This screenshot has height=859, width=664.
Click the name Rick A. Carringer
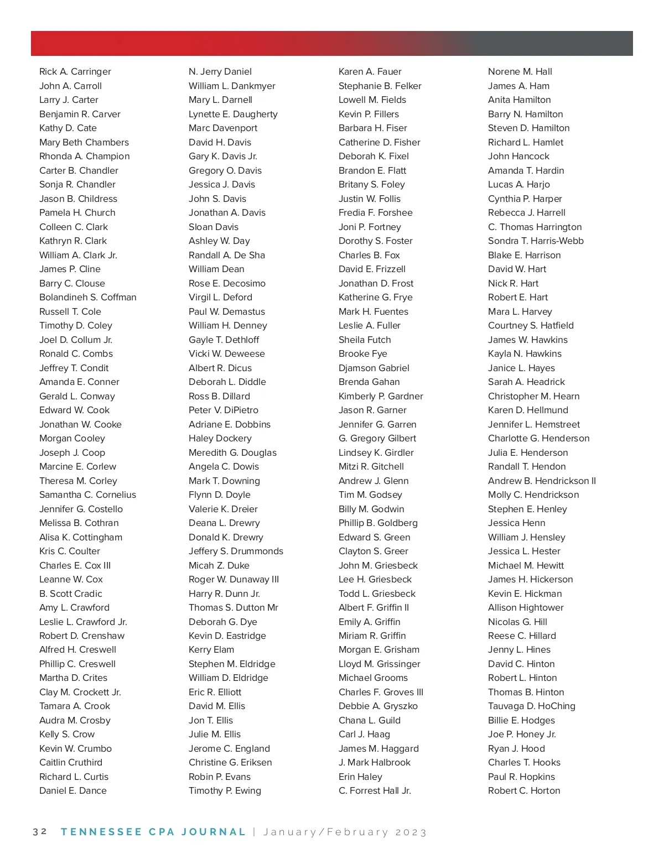pyautogui.click(x=75, y=72)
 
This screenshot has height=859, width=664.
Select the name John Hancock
pyautogui.click(x=518, y=157)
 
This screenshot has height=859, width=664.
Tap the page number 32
pyautogui.click(x=40, y=832)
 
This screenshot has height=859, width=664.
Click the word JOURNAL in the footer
pyautogui.click(x=213, y=832)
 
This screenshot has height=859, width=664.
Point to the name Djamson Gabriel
pyautogui.click(x=374, y=368)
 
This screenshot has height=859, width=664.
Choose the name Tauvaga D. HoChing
pyautogui.click(x=531, y=706)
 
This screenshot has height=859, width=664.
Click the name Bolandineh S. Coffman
pyautogui.click(x=87, y=298)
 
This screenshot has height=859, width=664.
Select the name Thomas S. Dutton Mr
pyautogui.click(x=233, y=608)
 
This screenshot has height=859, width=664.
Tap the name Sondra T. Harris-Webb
pyautogui.click(x=536, y=241)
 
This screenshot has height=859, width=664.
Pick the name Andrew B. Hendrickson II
pyautogui.click(x=542, y=481)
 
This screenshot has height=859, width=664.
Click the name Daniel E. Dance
pyautogui.click(x=73, y=791)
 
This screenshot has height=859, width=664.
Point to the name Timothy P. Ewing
pyautogui.click(x=225, y=791)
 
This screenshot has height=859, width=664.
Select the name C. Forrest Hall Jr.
pyautogui.click(x=375, y=791)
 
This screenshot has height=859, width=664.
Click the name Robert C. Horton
pyautogui.click(x=524, y=791)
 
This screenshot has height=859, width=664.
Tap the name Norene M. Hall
pyautogui.click(x=520, y=72)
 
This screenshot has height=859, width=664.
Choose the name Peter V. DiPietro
pyautogui.click(x=224, y=410)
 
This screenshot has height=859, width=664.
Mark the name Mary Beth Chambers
pyautogui.click(x=84, y=143)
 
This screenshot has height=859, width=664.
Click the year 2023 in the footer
pyautogui.click(x=411, y=832)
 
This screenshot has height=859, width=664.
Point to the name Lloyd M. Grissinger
pyautogui.click(x=380, y=664)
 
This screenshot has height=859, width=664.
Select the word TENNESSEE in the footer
pyautogui.click(x=101, y=832)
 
